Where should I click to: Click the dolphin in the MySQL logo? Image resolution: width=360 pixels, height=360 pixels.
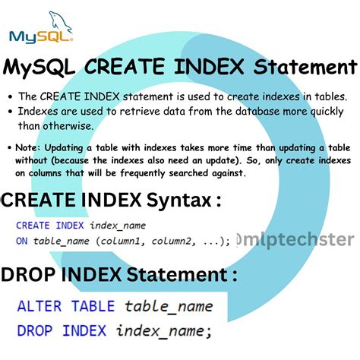57,22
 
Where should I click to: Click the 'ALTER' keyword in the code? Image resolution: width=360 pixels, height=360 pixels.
42,307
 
